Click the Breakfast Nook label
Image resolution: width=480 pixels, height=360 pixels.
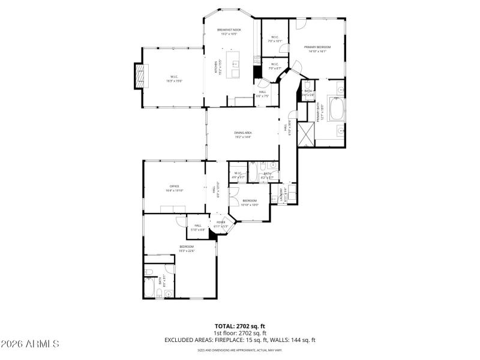[229, 29]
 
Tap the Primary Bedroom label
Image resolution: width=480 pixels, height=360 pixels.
[317, 46]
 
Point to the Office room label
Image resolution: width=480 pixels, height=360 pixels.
[175, 186]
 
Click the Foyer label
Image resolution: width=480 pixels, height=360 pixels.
[221, 222]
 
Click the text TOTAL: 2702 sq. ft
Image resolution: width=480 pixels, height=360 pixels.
[240, 326]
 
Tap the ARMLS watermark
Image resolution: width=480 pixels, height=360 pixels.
[30, 344]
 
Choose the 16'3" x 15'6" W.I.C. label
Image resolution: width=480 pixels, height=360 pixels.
[174, 78]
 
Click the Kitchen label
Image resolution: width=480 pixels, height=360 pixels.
[217, 67]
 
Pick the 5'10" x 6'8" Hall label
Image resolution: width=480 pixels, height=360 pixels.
[198, 227]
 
